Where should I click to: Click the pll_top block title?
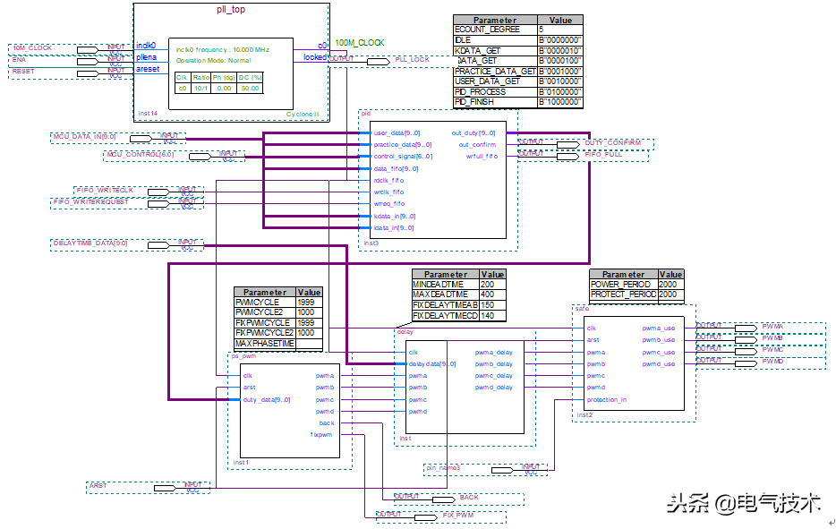coord(232,10)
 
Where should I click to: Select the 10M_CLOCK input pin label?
coord(33,47)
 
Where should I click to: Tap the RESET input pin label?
coord(24,71)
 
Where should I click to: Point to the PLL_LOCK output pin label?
coord(413,60)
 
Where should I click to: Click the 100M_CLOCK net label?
coord(359,43)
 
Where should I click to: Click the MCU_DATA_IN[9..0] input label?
coord(84,137)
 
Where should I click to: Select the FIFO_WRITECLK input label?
coord(105,191)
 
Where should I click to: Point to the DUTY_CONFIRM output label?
coord(613,143)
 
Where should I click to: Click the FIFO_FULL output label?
coord(605,155)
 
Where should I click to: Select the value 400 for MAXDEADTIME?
coord(488,294)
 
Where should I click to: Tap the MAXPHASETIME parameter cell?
coord(265,344)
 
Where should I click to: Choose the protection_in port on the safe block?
coord(606,400)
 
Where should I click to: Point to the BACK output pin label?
coord(469,498)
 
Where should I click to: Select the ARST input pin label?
coord(98,486)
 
